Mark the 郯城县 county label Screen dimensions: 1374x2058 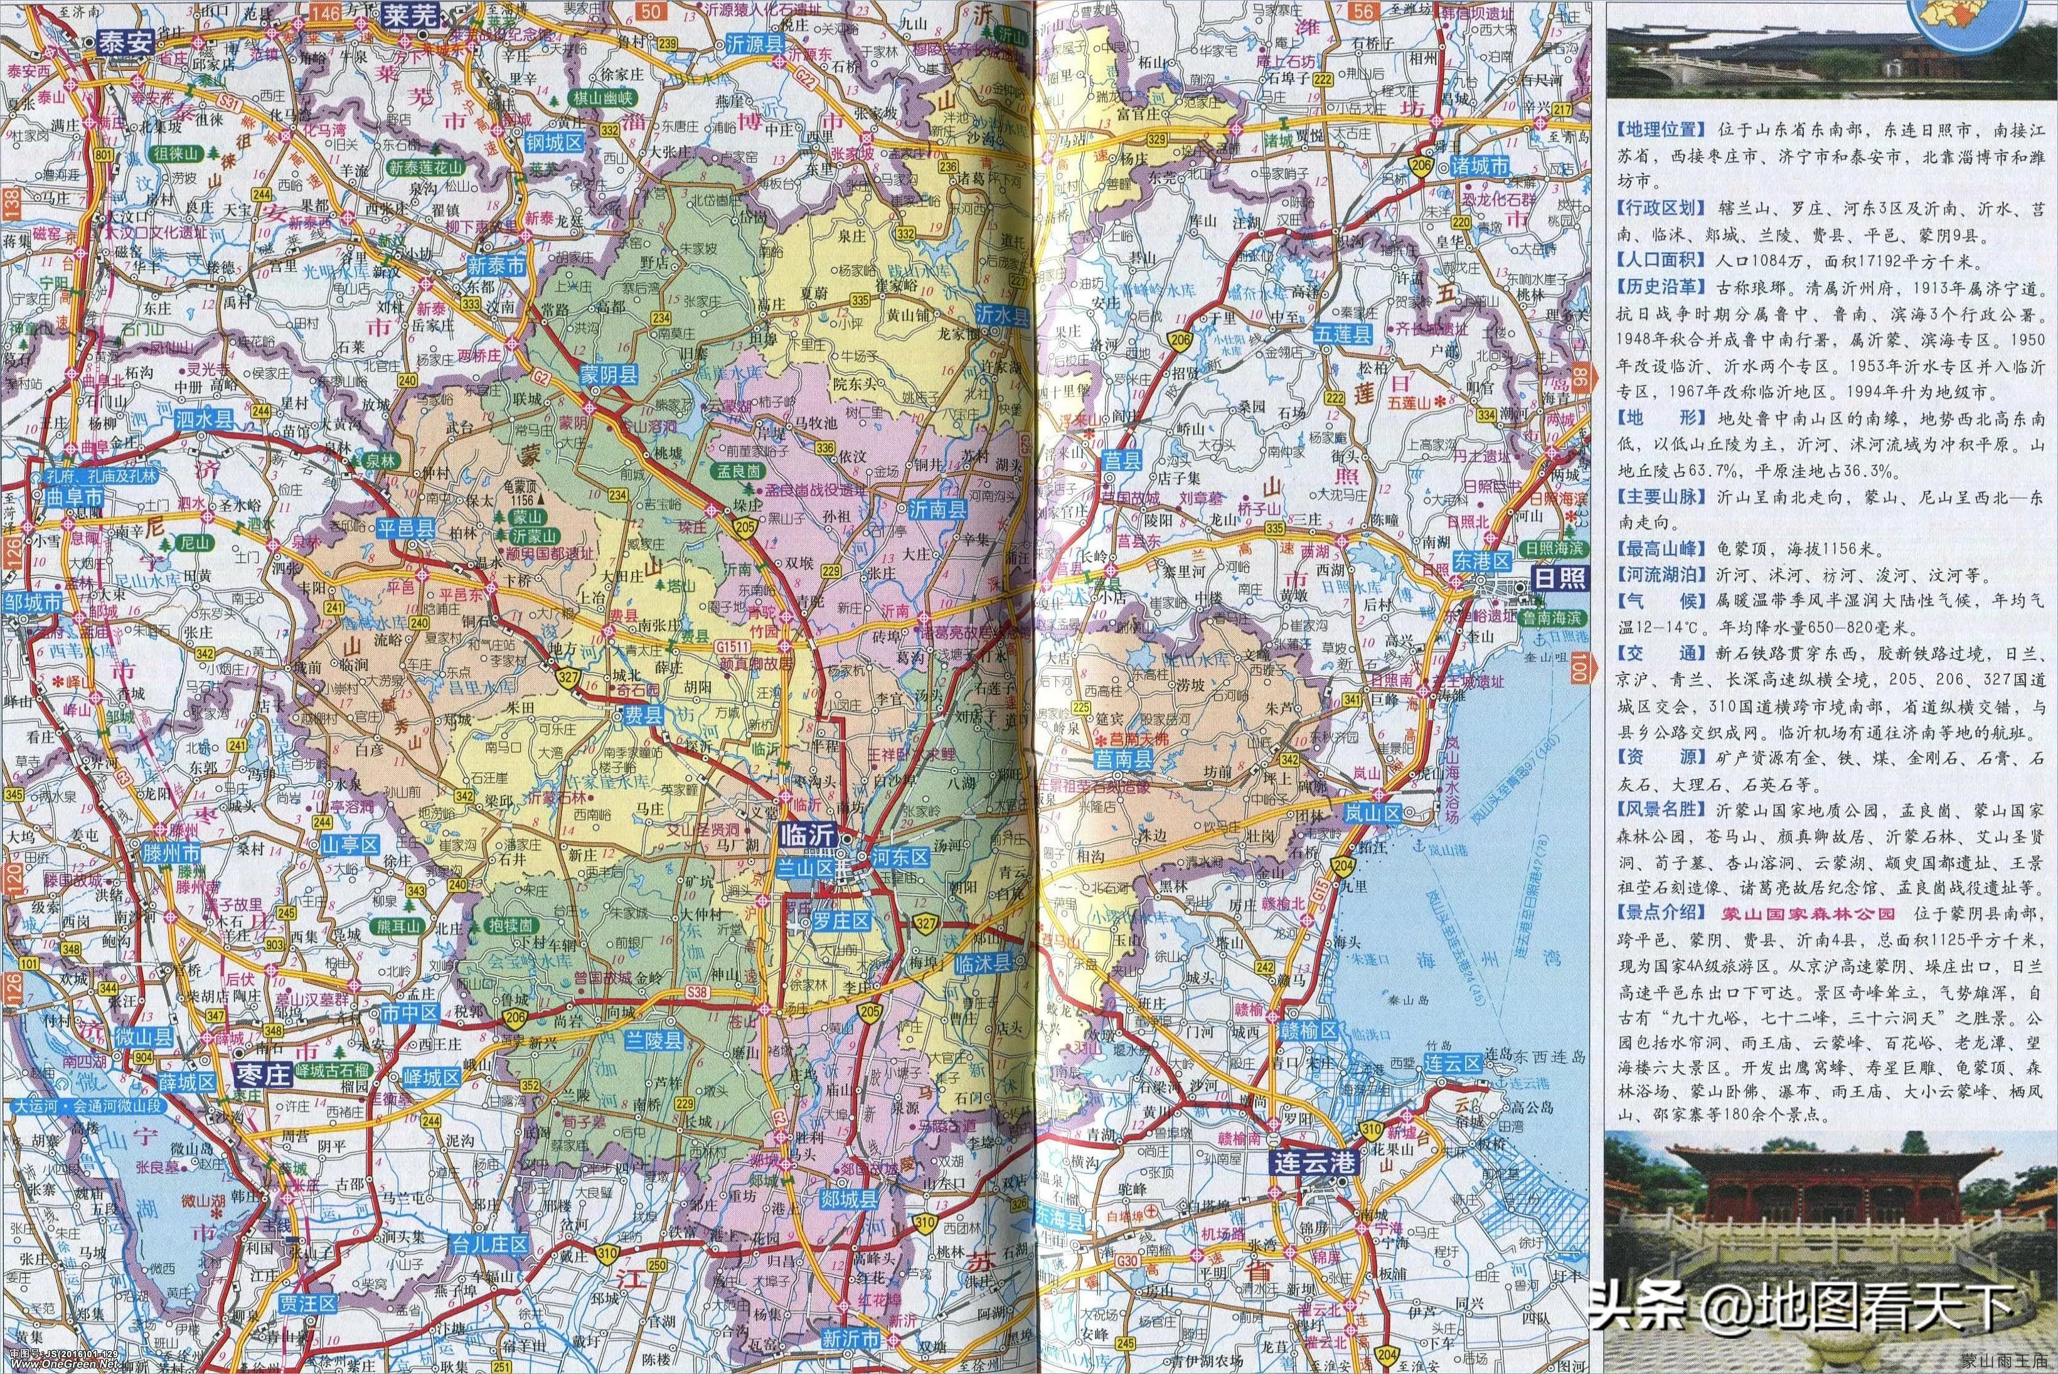(x=848, y=1200)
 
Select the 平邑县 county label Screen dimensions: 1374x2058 (x=406, y=528)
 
